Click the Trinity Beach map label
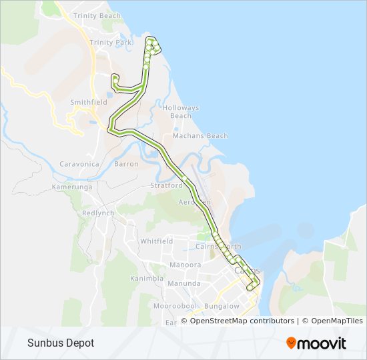[97, 15]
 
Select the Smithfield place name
[89, 103]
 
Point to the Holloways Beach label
[181, 111]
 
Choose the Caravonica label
[79, 163]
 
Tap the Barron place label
[126, 163]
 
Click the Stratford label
[166, 185]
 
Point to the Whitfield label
[156, 241]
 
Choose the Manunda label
[184, 283]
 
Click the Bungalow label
[222, 306]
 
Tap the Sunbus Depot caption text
[61, 343]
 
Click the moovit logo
[316, 343]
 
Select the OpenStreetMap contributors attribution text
[242, 321]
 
